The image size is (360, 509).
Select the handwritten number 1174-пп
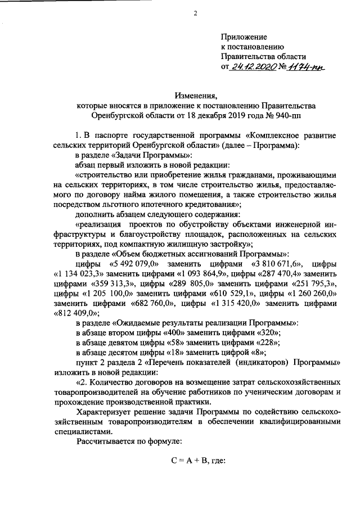click(x=307, y=66)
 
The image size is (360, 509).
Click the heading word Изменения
click(x=195, y=95)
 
